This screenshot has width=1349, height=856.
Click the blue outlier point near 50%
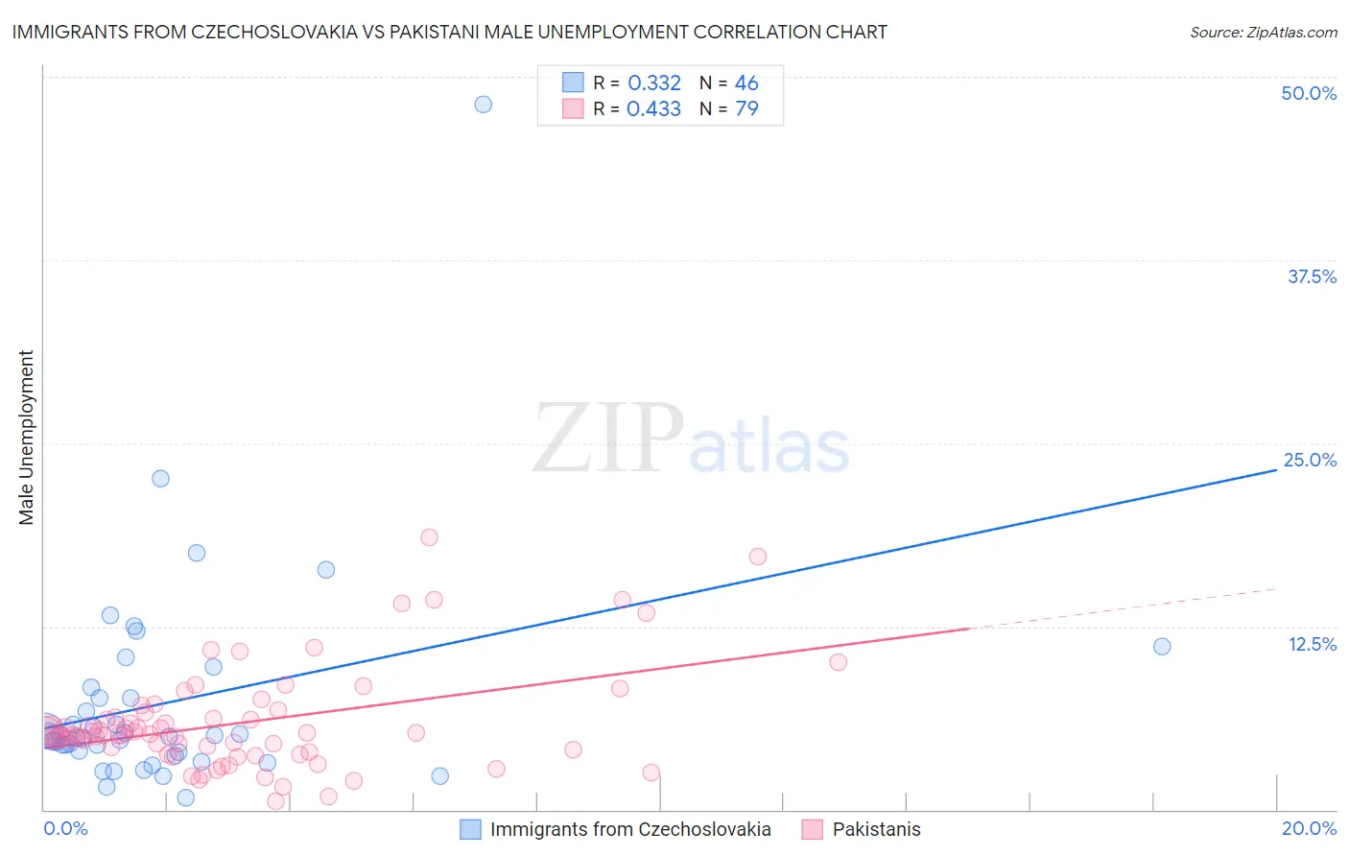click(x=484, y=104)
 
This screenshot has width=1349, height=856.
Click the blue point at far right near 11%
click(x=1162, y=646)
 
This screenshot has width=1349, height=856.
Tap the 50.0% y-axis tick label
click(x=1309, y=93)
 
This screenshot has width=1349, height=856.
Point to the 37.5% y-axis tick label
click(x=1312, y=276)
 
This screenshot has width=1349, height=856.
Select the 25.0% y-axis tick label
click(x=1310, y=460)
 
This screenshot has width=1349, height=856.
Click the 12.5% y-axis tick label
click(x=1312, y=644)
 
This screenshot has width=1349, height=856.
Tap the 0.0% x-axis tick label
click(x=65, y=828)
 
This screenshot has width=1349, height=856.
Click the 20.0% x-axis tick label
click(x=1309, y=828)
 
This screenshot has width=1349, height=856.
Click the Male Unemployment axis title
click(x=27, y=438)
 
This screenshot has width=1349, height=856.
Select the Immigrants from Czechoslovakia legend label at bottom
click(x=630, y=829)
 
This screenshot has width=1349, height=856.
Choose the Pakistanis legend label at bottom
click(x=876, y=829)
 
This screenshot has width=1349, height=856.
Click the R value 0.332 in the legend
click(x=654, y=83)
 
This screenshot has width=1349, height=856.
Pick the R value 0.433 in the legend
click(x=653, y=109)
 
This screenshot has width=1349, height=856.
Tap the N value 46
click(x=746, y=83)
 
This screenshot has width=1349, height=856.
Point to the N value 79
click(x=746, y=109)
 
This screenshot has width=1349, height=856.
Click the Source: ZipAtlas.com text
click(x=1263, y=32)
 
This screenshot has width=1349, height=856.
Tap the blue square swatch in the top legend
click(x=573, y=83)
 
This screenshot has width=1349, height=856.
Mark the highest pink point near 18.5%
click(x=429, y=537)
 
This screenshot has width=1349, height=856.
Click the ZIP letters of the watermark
click(x=608, y=439)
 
